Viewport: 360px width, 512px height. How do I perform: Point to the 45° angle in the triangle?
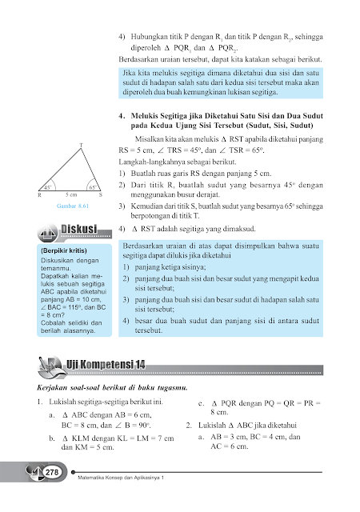(x=48, y=186)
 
